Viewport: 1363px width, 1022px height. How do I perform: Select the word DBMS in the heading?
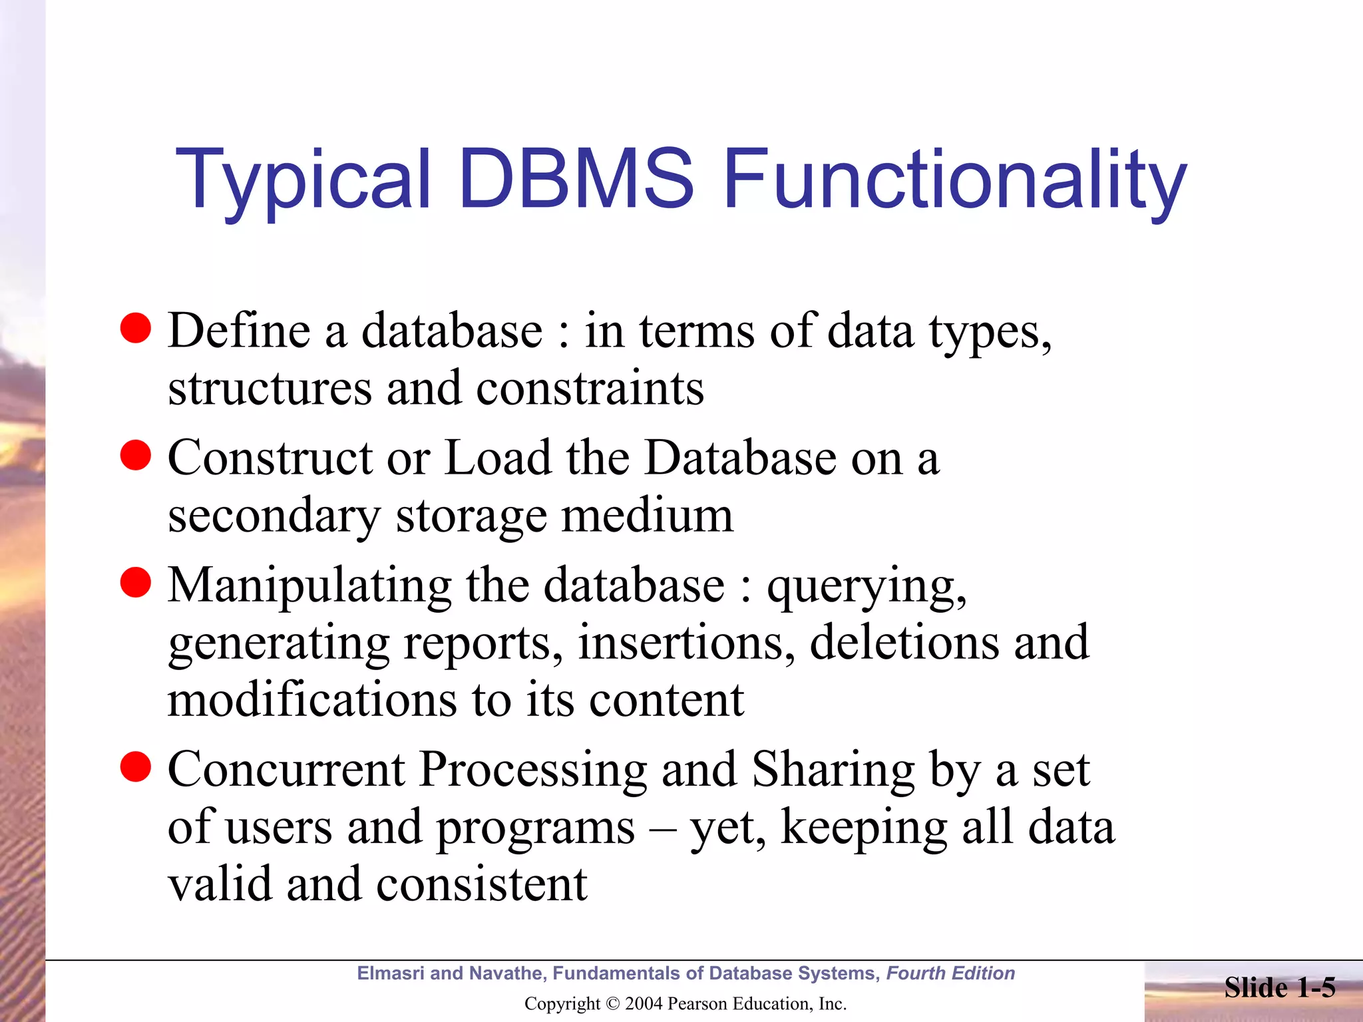[x=576, y=178]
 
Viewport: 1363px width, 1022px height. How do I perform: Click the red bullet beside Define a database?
[x=136, y=329]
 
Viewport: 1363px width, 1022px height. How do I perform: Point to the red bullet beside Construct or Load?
[x=136, y=456]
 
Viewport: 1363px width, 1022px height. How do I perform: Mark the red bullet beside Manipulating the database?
[x=136, y=583]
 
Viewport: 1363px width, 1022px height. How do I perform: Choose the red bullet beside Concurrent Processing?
[x=136, y=767]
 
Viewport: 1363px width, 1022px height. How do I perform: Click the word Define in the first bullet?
[x=239, y=330]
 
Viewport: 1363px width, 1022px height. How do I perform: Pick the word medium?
[x=647, y=516]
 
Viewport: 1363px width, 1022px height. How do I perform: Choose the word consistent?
[x=482, y=884]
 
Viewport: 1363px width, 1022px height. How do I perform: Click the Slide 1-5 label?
[x=1279, y=987]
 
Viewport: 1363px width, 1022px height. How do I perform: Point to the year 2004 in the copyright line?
[x=643, y=1003]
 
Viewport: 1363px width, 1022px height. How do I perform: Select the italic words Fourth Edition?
[x=950, y=973]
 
